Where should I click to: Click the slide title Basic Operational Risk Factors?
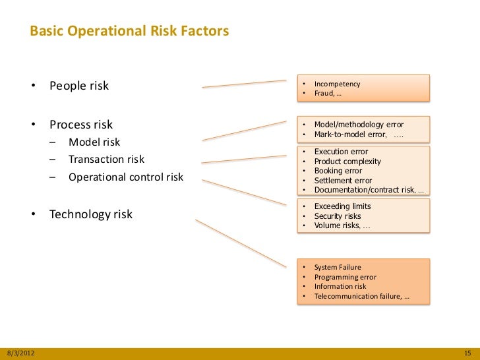(x=129, y=31)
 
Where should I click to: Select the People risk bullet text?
(x=78, y=86)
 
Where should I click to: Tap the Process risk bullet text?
(x=81, y=125)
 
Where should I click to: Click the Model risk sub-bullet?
(x=94, y=142)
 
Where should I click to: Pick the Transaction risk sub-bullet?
(x=106, y=159)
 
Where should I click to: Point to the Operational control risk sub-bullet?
(x=126, y=177)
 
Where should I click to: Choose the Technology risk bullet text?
(x=91, y=214)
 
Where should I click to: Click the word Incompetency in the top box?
(x=337, y=84)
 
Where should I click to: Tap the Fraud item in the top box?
(x=328, y=94)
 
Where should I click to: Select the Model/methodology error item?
(x=359, y=125)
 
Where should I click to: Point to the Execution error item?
(x=341, y=152)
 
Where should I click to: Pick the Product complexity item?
(x=347, y=162)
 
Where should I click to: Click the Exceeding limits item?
(x=342, y=206)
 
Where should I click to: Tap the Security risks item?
(x=338, y=216)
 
